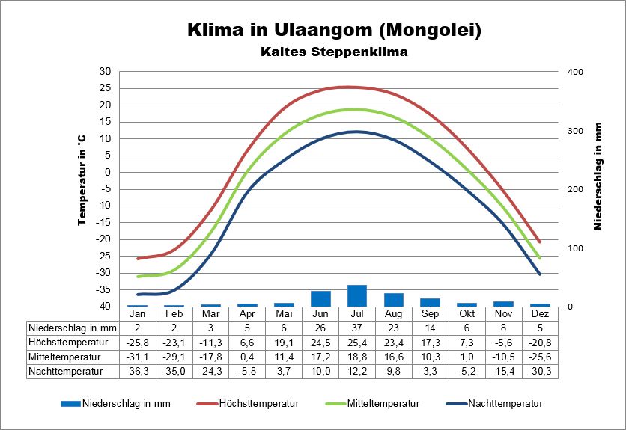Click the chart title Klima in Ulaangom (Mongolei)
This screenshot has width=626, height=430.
[x=334, y=31]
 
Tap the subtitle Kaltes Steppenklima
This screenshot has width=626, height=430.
[x=334, y=53]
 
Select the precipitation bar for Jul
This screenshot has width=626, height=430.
[x=357, y=295]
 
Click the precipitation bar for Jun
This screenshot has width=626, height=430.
[x=320, y=298]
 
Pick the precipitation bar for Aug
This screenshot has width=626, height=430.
[x=394, y=299]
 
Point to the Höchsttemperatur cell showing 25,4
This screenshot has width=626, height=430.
[x=357, y=342]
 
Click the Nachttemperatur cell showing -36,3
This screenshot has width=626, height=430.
[x=137, y=370]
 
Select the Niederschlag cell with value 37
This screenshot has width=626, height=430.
[x=357, y=328]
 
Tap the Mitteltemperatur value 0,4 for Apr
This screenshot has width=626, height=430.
[x=247, y=356]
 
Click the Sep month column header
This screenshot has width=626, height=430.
[x=430, y=314]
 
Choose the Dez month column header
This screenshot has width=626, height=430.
[x=540, y=314]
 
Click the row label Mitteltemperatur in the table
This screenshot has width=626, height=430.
[x=65, y=356]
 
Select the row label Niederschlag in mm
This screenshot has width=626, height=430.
[x=72, y=328]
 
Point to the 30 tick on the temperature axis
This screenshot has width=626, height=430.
[x=105, y=71]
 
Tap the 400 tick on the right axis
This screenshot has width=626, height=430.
[x=574, y=71]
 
